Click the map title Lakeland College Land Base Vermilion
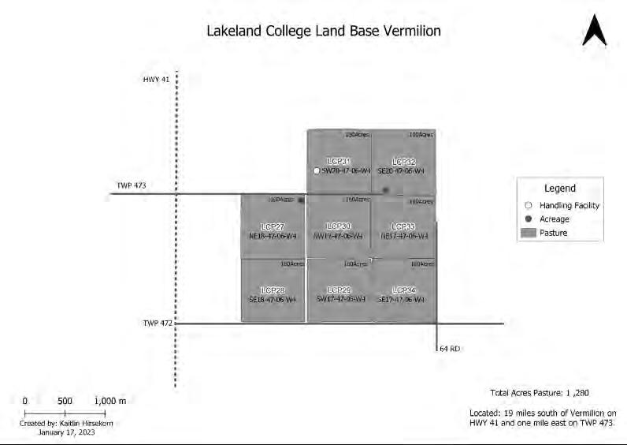[x=323, y=32]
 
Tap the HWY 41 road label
[x=156, y=80]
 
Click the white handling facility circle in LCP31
[x=316, y=170]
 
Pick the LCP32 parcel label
[x=403, y=162]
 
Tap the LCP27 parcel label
[x=273, y=226]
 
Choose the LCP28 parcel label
[x=273, y=290]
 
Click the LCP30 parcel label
[x=338, y=226]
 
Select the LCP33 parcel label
[x=403, y=226]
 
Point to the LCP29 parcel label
[x=338, y=290]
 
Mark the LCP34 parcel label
[x=403, y=290]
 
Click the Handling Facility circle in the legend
[x=529, y=205]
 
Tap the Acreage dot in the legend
[x=529, y=219]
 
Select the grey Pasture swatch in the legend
[x=529, y=233]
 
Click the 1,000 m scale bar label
[x=110, y=401]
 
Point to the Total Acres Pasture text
[x=539, y=392]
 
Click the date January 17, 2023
[x=65, y=432]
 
